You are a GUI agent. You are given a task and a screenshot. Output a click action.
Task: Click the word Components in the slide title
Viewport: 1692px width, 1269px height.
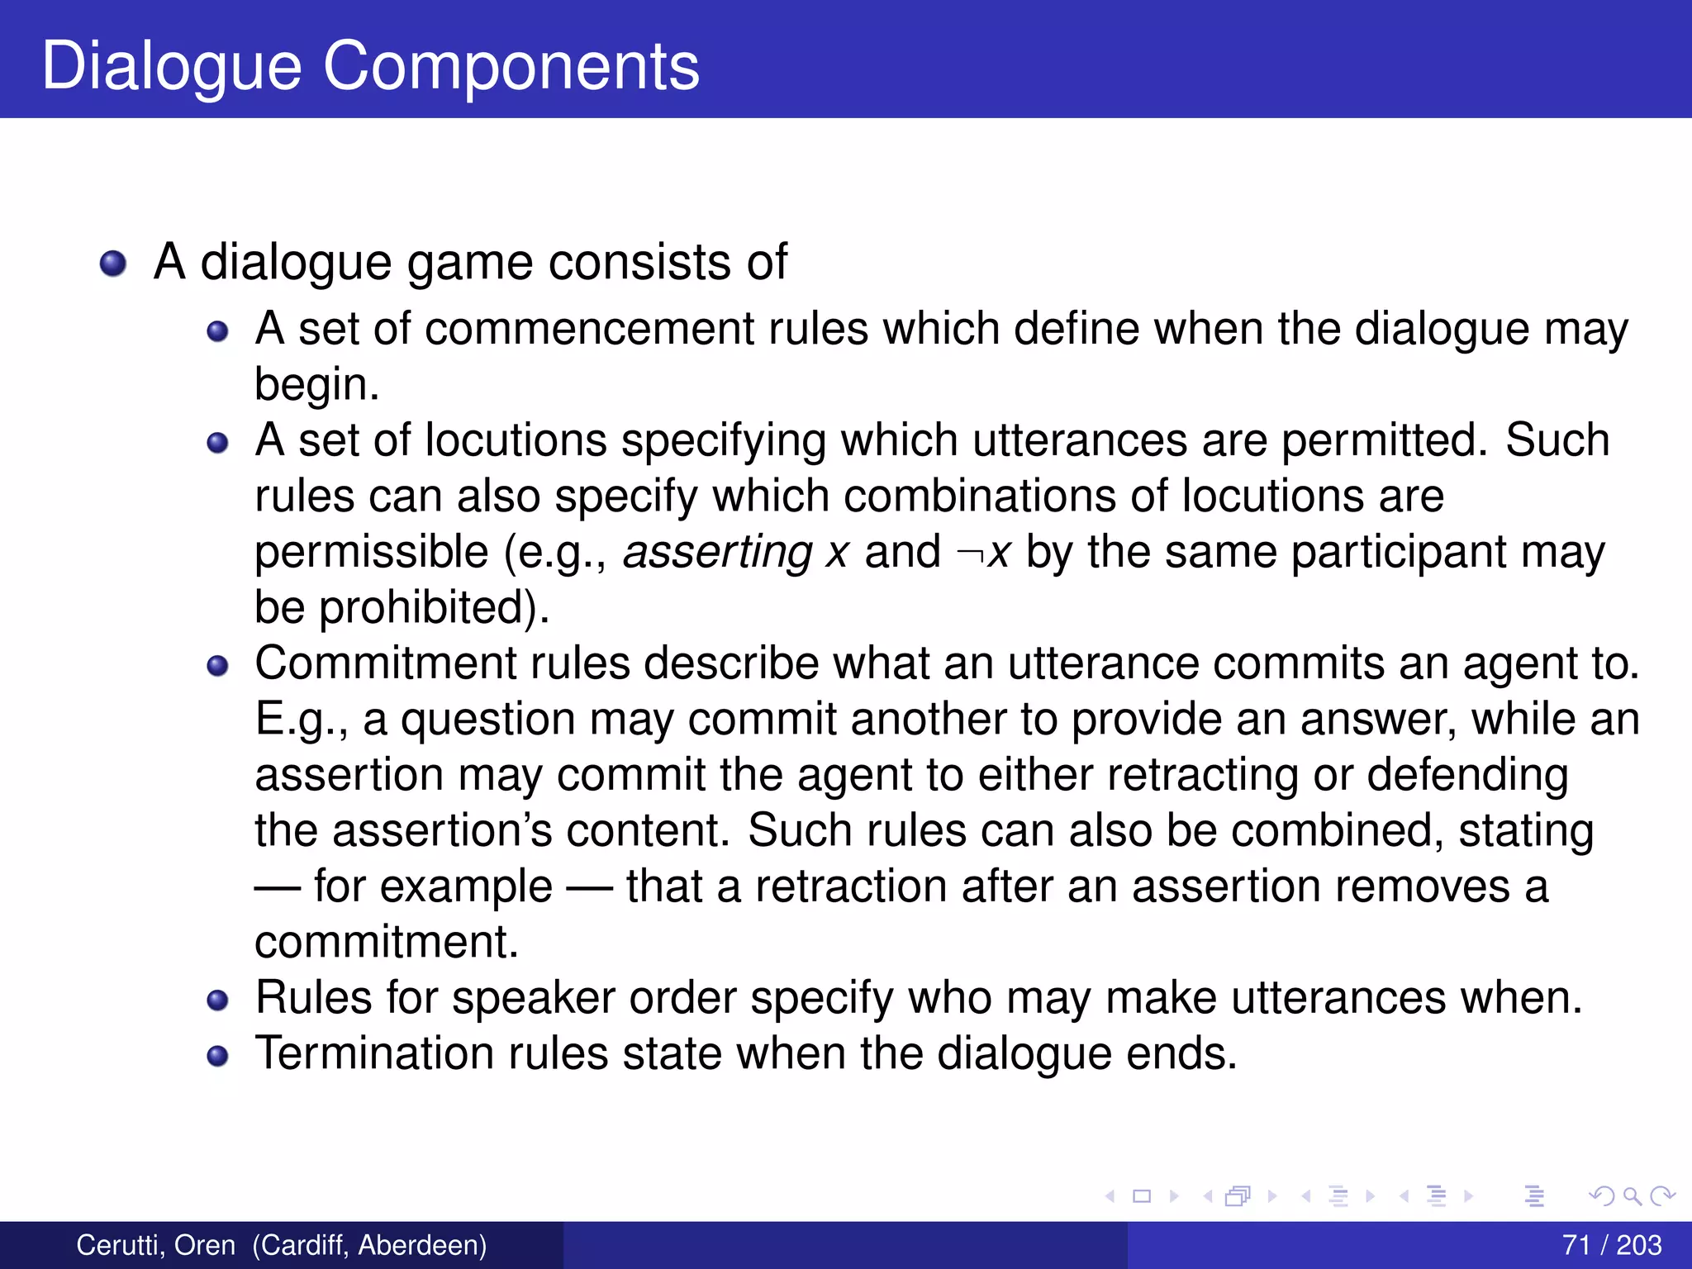(511, 66)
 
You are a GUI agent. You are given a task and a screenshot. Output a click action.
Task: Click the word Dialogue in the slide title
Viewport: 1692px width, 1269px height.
(172, 66)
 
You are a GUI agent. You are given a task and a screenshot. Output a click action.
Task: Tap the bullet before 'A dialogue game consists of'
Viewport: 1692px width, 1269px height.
(113, 264)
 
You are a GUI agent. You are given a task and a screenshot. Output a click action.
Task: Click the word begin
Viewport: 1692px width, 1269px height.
(316, 385)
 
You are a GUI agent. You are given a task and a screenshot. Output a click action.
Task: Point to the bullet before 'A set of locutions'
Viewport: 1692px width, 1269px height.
(217, 443)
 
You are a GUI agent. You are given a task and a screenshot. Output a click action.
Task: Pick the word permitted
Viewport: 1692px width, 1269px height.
(1384, 440)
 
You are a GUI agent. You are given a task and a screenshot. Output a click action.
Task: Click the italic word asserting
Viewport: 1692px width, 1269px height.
(717, 552)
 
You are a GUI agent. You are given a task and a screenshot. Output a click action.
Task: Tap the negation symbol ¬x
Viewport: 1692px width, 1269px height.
(982, 552)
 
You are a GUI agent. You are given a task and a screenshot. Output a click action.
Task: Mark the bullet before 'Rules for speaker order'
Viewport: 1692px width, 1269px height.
(217, 1000)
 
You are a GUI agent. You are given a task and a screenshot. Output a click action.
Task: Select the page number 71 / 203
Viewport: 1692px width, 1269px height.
(1612, 1245)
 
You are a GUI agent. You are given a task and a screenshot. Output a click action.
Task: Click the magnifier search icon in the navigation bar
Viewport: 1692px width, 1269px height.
(1632, 1195)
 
